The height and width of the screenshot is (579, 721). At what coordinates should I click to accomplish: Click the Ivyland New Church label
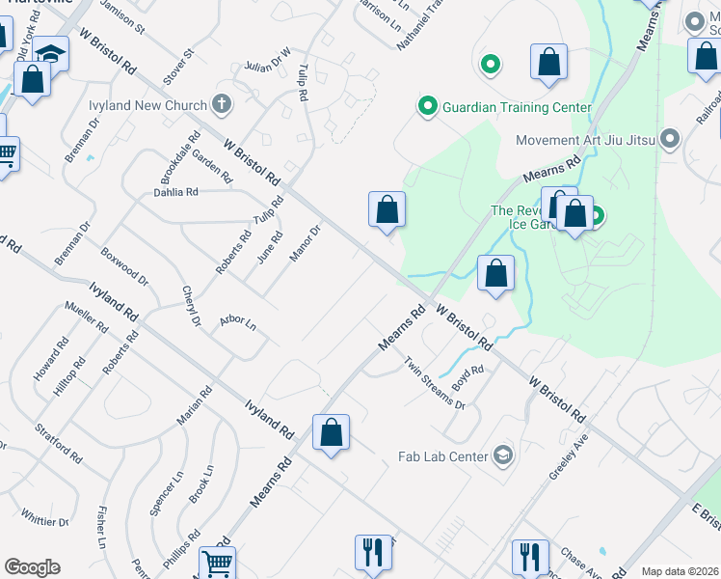tap(159, 105)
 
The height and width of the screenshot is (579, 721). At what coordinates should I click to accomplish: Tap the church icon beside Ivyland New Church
tap(222, 104)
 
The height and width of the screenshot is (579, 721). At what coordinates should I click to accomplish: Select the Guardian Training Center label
tap(517, 107)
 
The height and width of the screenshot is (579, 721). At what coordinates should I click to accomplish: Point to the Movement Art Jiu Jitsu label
tap(585, 140)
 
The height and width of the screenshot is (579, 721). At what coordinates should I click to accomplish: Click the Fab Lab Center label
tap(443, 455)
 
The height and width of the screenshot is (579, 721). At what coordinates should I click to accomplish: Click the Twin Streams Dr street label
tap(435, 383)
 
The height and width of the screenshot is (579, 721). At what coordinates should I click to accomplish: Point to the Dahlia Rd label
tap(175, 192)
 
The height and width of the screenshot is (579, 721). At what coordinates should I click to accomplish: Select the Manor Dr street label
tap(305, 243)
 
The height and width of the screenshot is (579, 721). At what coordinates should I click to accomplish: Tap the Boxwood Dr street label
tap(124, 267)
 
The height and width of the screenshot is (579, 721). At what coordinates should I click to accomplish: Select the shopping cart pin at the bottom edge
tap(217, 564)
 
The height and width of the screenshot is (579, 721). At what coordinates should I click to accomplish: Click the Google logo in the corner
tap(32, 567)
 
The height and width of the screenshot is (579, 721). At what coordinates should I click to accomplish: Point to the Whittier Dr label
tap(44, 521)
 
